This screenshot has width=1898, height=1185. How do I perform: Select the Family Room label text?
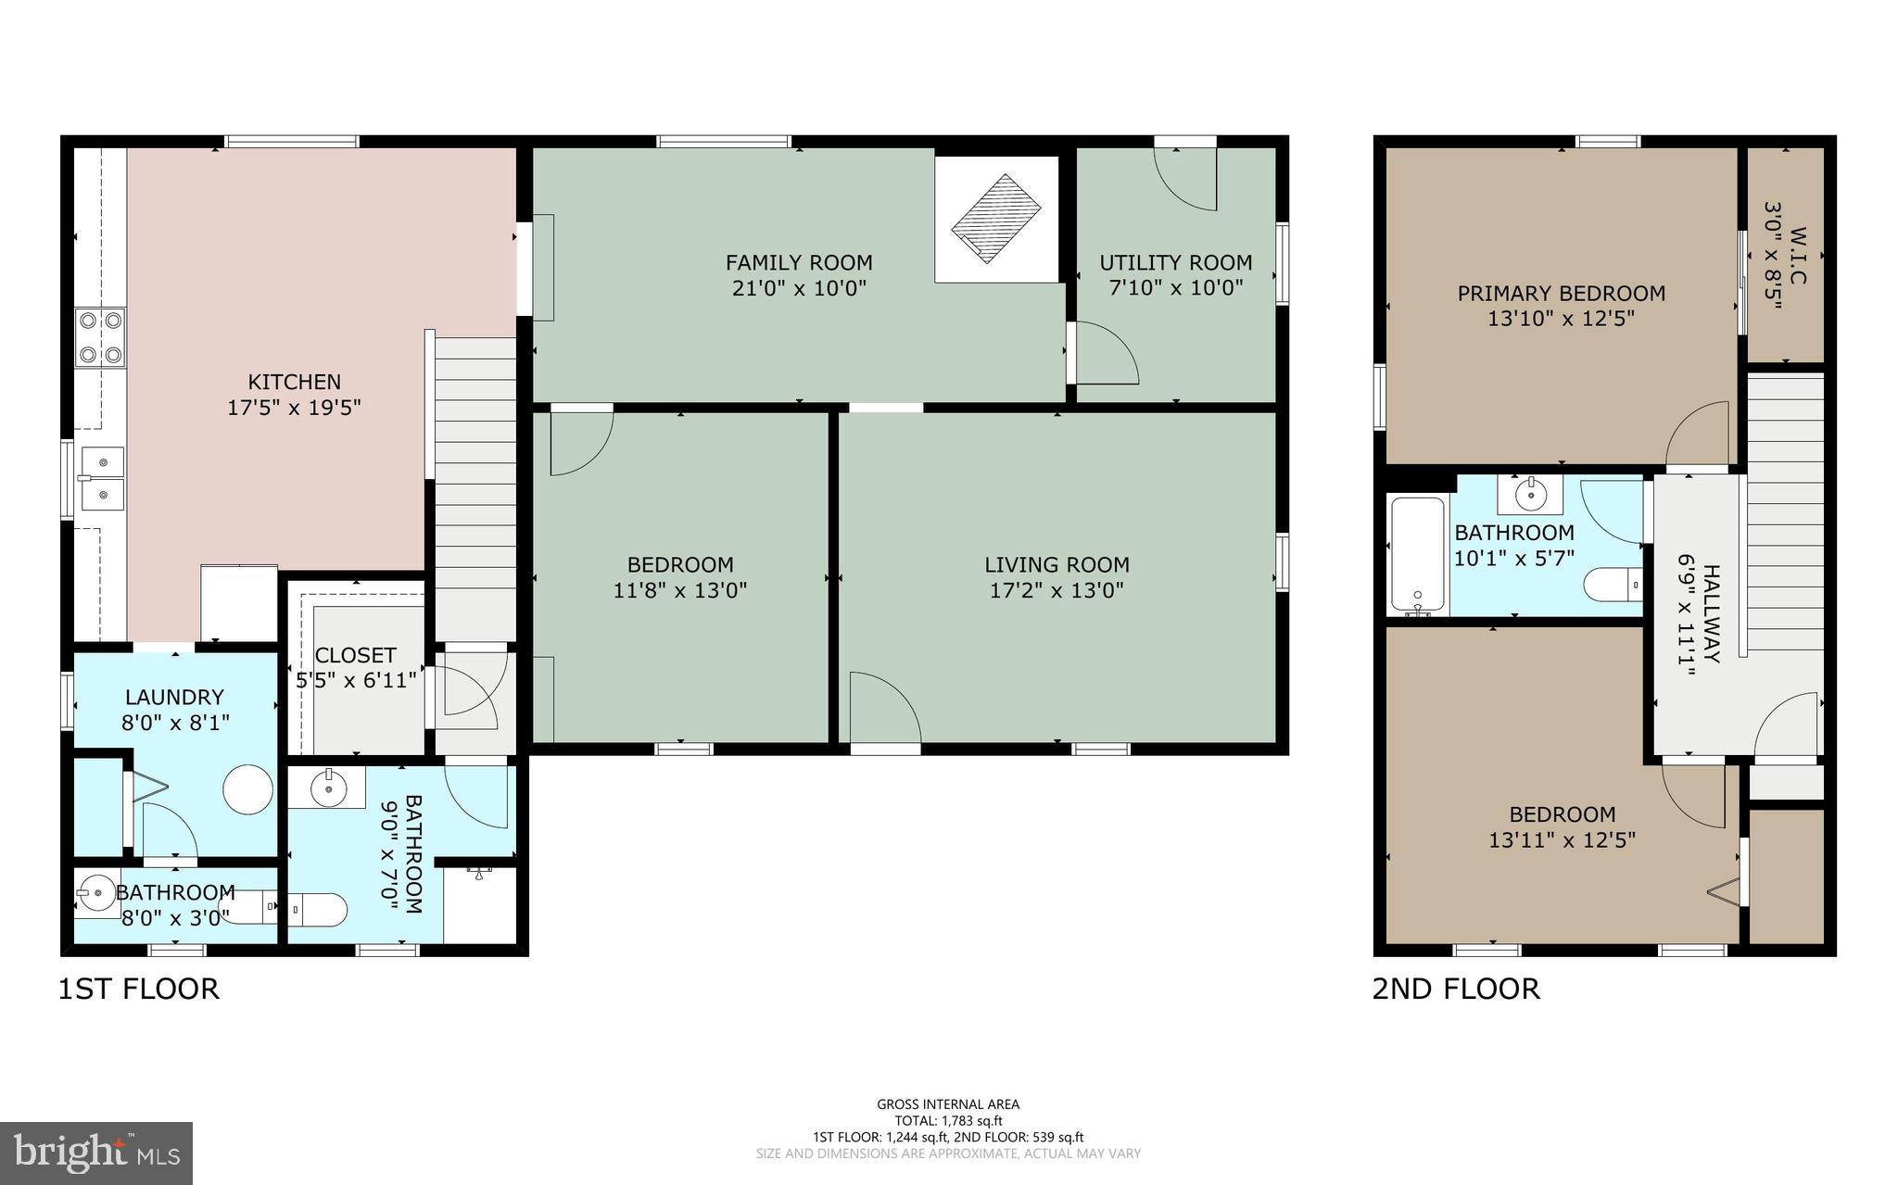coord(798,263)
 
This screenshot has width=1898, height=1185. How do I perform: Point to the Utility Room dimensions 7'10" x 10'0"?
coord(1175,288)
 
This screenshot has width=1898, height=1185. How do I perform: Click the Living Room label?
coord(1057,564)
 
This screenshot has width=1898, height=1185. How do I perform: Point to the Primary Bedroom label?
coord(1561,294)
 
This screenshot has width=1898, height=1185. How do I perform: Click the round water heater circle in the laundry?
coord(248,789)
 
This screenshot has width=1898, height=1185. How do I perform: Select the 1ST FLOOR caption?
coord(139,989)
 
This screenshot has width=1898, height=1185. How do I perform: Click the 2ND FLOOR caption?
coord(1455,989)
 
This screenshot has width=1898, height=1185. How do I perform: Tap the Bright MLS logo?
coord(96,1153)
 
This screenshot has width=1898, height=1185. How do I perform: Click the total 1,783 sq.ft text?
coord(948,1121)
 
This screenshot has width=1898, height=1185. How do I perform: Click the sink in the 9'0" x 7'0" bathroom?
coord(327,788)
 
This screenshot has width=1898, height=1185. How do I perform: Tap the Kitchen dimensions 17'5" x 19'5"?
coord(294,407)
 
